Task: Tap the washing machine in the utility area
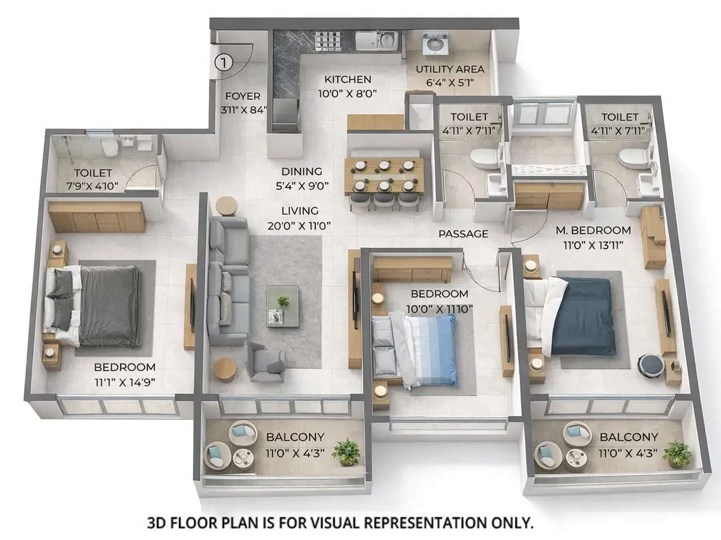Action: click(434, 44)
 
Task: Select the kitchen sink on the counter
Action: click(376, 40)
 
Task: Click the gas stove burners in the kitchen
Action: click(328, 40)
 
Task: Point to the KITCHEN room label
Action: click(347, 80)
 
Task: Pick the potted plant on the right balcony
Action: click(677, 453)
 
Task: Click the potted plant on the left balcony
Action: click(346, 451)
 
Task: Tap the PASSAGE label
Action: click(463, 234)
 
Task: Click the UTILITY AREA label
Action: click(450, 69)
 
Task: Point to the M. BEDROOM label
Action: click(593, 230)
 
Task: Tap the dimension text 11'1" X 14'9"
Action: click(125, 381)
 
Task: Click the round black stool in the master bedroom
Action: click(651, 366)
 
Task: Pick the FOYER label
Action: click(243, 96)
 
